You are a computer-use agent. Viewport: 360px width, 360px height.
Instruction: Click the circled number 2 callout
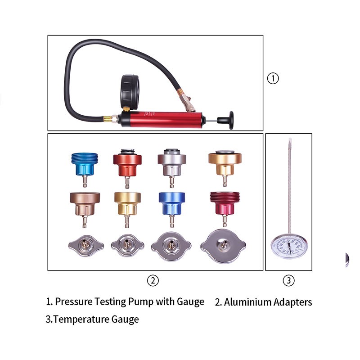click(x=153, y=281)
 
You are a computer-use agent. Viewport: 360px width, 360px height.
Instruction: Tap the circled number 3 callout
click(x=289, y=281)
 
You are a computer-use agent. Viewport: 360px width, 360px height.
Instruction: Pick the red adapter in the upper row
click(x=127, y=162)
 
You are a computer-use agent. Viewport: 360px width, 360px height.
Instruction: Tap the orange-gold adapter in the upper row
click(x=225, y=162)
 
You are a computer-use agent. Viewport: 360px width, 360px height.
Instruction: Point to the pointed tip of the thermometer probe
click(x=290, y=140)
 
